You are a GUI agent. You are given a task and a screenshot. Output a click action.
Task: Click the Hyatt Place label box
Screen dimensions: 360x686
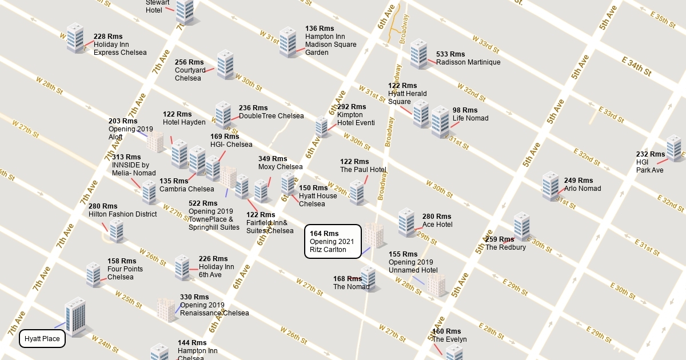(42, 339)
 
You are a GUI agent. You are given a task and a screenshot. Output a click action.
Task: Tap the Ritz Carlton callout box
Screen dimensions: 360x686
(332, 241)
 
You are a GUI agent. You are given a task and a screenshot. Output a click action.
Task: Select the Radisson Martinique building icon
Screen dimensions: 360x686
(418, 54)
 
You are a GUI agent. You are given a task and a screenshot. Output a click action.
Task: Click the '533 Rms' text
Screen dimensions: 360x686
(450, 54)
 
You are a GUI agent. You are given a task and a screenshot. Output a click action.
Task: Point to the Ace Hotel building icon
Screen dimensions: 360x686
(406, 222)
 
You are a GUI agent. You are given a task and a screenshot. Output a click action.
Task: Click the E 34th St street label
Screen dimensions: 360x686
(636, 66)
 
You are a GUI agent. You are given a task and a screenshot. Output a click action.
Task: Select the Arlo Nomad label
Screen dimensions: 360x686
(583, 189)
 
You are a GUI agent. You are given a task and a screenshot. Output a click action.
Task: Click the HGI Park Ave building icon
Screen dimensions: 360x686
(674, 148)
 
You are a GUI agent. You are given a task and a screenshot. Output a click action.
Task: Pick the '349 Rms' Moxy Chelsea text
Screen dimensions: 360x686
(273, 159)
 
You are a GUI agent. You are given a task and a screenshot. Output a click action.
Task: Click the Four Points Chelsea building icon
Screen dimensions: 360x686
(93, 274)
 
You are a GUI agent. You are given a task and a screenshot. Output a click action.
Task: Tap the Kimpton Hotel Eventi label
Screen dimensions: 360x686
(356, 119)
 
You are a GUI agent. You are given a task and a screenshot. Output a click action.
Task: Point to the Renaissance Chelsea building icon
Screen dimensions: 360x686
(166, 310)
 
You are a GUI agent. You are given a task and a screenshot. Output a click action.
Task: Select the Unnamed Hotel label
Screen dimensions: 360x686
(413, 270)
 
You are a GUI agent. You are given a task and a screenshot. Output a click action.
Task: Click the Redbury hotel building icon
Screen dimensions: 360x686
(521, 226)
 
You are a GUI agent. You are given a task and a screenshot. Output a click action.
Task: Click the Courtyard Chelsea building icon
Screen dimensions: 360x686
(225, 65)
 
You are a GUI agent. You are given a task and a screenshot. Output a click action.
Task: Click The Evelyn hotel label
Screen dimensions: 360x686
(449, 339)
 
